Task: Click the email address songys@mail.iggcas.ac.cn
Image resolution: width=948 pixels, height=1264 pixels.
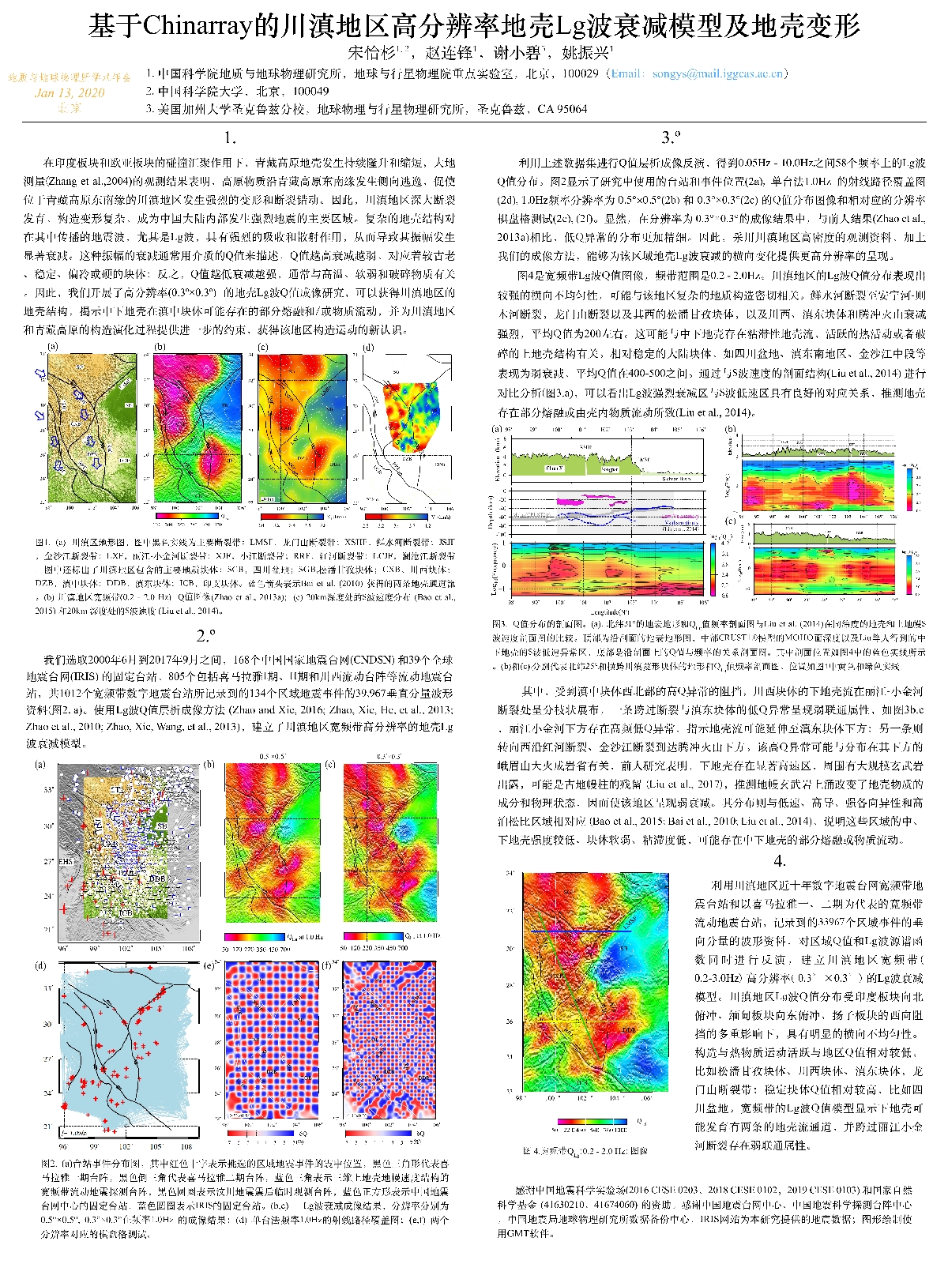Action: (717, 73)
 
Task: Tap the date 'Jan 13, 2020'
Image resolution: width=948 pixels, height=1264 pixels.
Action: (70, 92)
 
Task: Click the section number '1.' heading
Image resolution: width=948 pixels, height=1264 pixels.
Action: (230, 137)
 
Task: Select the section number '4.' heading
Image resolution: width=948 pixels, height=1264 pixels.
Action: (779, 861)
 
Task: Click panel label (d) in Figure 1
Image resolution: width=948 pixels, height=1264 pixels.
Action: (368, 347)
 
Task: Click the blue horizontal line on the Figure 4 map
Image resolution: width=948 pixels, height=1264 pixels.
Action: (585, 931)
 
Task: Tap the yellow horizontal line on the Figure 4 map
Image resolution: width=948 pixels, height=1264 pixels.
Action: (585, 1021)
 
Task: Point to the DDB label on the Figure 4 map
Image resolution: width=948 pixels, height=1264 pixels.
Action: (629, 1030)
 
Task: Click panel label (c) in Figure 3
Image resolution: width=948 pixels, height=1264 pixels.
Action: (731, 521)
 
